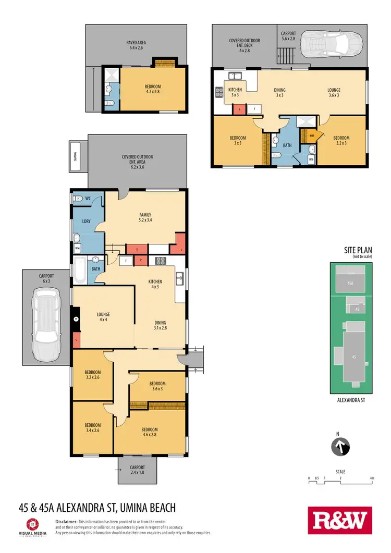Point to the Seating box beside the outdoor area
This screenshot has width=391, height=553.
(x=75, y=156)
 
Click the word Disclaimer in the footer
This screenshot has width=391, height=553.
(x=66, y=521)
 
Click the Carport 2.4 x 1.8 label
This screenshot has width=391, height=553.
(x=138, y=470)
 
